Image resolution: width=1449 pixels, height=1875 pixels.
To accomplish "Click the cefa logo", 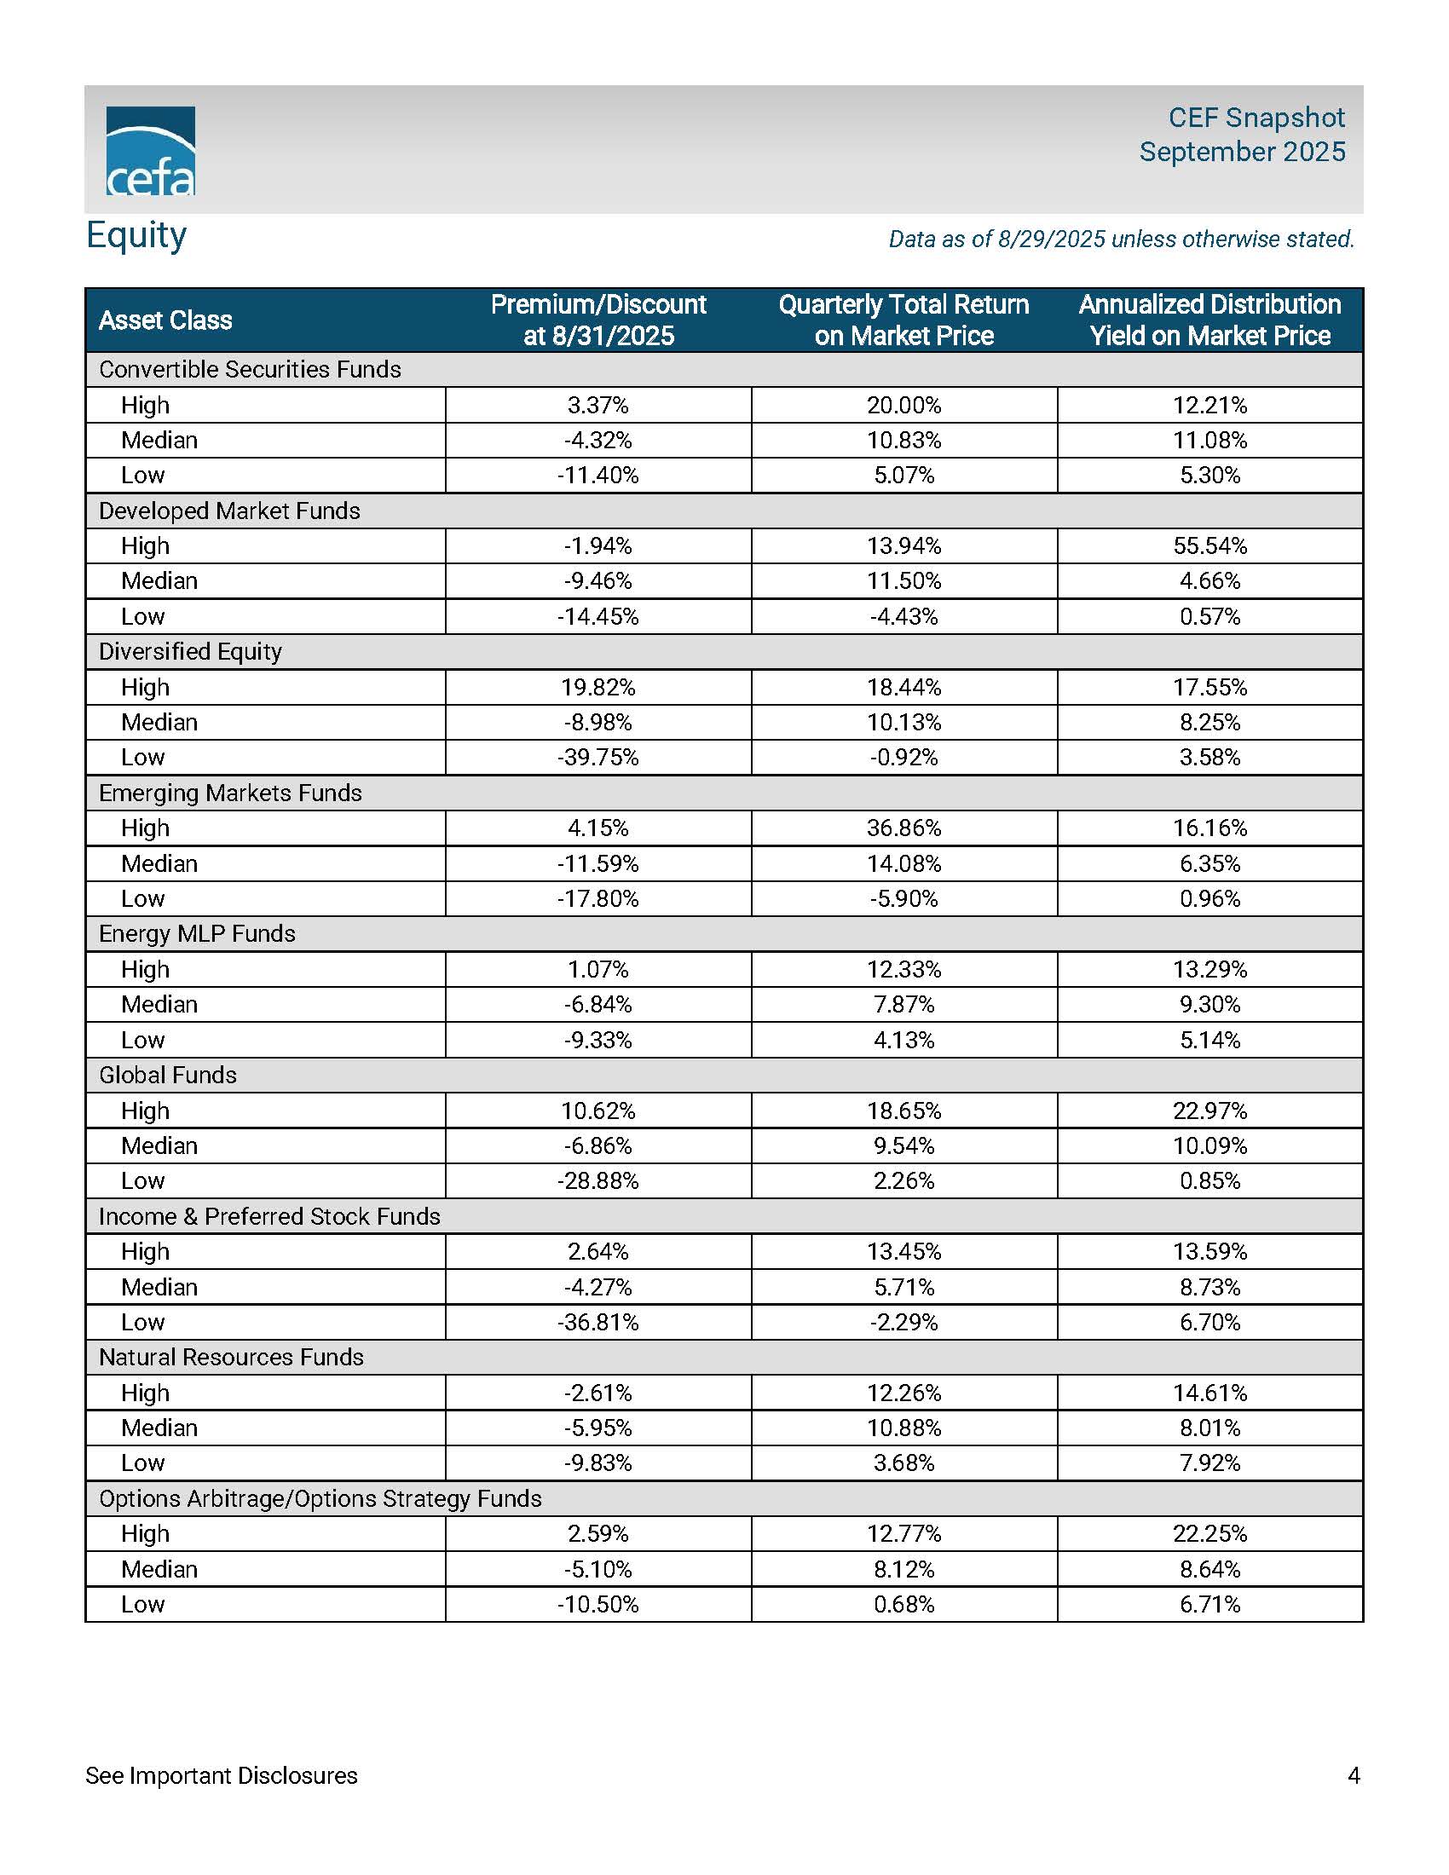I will click(150, 151).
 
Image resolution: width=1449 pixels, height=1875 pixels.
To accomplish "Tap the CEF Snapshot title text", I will click(1256, 118).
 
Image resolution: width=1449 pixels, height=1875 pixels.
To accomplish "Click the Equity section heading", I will click(136, 235).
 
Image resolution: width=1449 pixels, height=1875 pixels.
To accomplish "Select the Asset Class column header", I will click(165, 320).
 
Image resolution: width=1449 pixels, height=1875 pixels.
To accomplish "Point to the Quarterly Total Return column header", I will click(903, 320).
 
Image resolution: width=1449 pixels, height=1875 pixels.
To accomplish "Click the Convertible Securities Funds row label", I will click(250, 369).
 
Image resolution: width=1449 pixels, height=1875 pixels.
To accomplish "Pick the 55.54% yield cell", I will click(1209, 546).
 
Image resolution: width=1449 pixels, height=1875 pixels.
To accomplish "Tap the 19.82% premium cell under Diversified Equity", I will click(598, 687).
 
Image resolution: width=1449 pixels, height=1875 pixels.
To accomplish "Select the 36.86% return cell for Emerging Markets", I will click(903, 828).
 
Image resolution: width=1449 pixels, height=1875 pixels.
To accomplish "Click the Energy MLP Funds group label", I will click(197, 933).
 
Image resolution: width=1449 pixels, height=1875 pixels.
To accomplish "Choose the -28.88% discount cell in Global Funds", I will click(598, 1180).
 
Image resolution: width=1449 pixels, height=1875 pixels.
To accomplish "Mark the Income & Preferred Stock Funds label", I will click(269, 1215).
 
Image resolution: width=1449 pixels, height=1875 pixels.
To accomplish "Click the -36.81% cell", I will click(598, 1321).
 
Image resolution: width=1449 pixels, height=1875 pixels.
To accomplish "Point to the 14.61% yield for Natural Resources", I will click(1209, 1392).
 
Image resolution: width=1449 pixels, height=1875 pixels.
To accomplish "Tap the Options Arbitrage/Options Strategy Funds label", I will click(320, 1498).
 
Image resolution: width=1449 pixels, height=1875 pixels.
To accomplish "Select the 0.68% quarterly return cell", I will click(903, 1604).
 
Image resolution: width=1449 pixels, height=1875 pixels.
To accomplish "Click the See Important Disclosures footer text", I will click(222, 1775).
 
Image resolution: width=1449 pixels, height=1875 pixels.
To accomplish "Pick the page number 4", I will click(1354, 1775).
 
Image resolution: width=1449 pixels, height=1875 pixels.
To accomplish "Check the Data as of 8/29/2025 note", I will click(1121, 239).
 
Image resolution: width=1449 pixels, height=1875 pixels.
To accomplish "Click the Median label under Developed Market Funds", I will click(159, 581).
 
